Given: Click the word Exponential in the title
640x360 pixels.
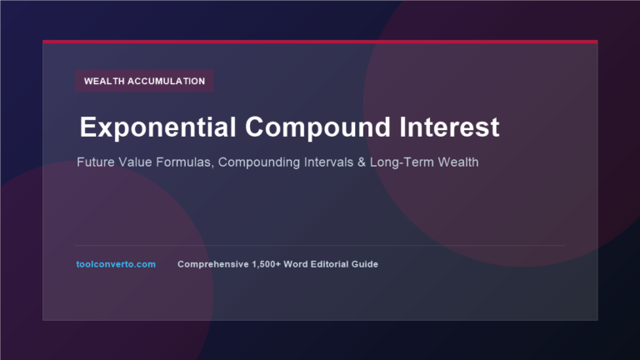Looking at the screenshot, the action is pyautogui.click(x=158, y=127).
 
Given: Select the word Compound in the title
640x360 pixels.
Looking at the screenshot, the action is pyautogui.click(x=318, y=127).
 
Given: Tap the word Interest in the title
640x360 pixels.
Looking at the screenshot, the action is pyautogui.click(x=449, y=127).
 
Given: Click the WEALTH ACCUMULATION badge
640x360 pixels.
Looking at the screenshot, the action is pyautogui.click(x=144, y=81).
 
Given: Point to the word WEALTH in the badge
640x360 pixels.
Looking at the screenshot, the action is pyautogui.click(x=104, y=81).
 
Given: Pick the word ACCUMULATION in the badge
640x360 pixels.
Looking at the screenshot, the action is pyautogui.click(x=167, y=81).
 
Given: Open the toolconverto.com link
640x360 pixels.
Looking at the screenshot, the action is pyautogui.click(x=116, y=264).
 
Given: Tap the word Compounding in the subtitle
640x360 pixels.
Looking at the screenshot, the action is pyautogui.click(x=259, y=162).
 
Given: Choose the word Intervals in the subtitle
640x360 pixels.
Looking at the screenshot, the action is pyautogui.click(x=328, y=162).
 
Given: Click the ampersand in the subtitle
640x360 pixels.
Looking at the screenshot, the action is pyautogui.click(x=362, y=162).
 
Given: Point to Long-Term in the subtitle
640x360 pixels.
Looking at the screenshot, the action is pyautogui.click(x=402, y=162).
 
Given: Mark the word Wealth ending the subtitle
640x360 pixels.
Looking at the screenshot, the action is pyautogui.click(x=458, y=162).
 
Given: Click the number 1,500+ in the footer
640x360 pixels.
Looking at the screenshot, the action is pyautogui.click(x=267, y=264).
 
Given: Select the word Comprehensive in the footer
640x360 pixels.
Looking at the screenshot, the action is pyautogui.click(x=213, y=264).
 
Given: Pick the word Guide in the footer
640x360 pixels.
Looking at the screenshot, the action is pyautogui.click(x=365, y=264).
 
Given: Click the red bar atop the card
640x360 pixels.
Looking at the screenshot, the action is pyautogui.click(x=320, y=42).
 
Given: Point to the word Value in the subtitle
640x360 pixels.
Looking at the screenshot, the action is pyautogui.click(x=136, y=162).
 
